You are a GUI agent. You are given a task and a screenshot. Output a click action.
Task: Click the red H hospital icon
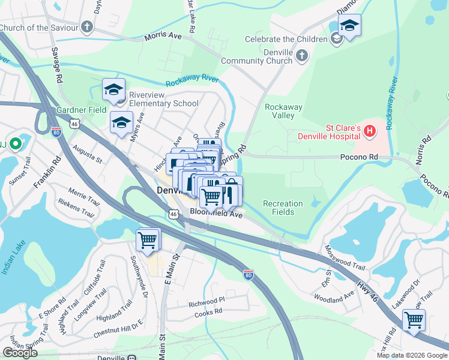point(370,130)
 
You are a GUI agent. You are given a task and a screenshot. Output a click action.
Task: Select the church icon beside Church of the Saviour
point(87,27)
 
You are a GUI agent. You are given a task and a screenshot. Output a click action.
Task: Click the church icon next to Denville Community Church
point(301,56)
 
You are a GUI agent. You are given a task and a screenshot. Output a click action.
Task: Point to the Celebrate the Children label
point(286,39)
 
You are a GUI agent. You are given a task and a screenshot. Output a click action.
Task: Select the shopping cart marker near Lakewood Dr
point(414,320)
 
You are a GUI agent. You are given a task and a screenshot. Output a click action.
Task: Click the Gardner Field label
point(81,110)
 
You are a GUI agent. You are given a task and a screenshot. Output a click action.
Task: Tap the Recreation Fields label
point(283,208)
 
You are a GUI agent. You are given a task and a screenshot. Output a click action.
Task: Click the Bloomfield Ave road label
point(215,212)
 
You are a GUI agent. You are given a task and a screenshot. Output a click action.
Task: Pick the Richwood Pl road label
point(206,298)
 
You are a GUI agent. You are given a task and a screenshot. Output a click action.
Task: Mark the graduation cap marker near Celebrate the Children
point(349,25)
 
